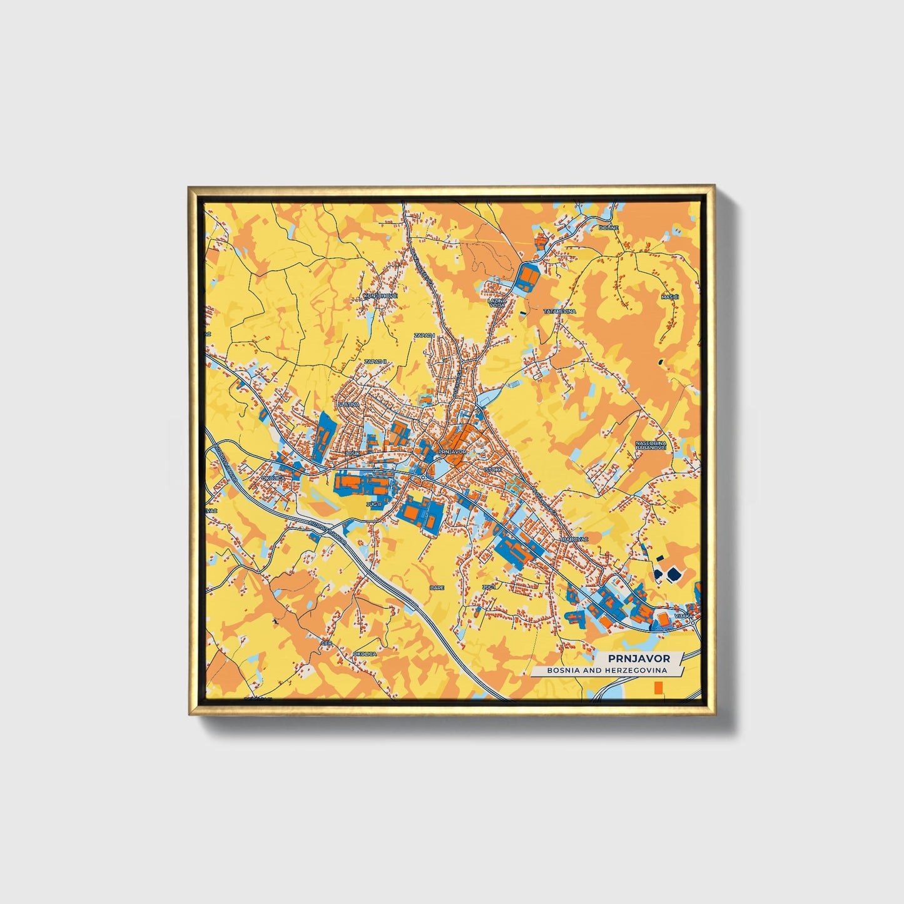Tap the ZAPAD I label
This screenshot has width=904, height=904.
(x=424, y=335)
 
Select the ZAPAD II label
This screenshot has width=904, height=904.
(x=376, y=362)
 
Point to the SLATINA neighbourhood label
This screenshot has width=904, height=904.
(x=348, y=404)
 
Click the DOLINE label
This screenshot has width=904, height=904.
(x=608, y=228)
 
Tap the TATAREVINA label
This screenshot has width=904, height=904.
(x=559, y=311)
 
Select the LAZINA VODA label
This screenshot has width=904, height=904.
(x=497, y=303)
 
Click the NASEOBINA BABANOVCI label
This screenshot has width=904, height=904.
(x=649, y=445)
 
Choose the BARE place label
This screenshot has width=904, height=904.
(x=437, y=587)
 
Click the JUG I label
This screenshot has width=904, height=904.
(x=489, y=587)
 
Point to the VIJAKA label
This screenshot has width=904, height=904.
(x=683, y=616)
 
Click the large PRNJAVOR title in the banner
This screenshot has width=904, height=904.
(x=638, y=658)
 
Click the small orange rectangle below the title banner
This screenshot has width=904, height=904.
(x=658, y=688)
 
